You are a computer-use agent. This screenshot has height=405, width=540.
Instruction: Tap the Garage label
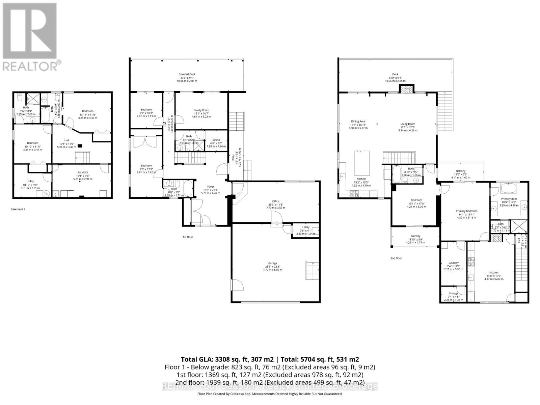click(x=272, y=263)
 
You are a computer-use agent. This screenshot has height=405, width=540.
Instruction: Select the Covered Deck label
click(x=187, y=74)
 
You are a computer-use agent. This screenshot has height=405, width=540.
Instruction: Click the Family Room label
click(x=201, y=110)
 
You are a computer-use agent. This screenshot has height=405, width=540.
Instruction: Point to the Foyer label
click(x=211, y=186)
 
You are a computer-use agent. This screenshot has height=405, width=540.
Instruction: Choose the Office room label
click(x=276, y=201)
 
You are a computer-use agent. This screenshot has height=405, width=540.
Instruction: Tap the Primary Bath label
click(x=508, y=199)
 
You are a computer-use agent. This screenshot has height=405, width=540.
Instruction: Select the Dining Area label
click(x=358, y=122)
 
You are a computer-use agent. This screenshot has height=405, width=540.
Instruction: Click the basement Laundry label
click(x=83, y=172)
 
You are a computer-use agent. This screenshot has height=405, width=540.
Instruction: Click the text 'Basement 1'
click(x=18, y=209)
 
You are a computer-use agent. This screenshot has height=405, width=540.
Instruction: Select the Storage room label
click(x=454, y=294)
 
